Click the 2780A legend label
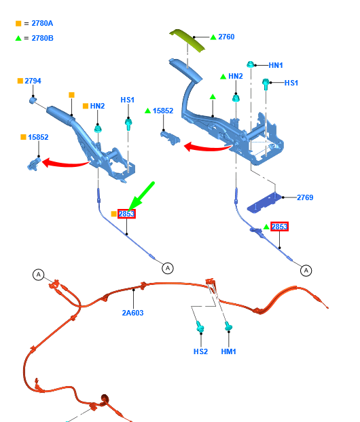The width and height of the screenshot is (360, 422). pyautogui.click(x=42, y=24)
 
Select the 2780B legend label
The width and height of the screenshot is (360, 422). pyautogui.click(x=42, y=38)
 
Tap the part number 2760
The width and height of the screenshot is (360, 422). pyautogui.click(x=226, y=37)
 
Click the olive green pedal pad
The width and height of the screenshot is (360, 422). pyautogui.click(x=187, y=41)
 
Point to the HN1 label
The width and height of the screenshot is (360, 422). pyautogui.click(x=276, y=65)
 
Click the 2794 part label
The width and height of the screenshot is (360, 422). pyautogui.click(x=33, y=81)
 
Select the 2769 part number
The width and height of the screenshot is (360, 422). pyautogui.click(x=305, y=197)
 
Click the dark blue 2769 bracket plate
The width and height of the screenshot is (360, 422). pyautogui.click(x=264, y=203)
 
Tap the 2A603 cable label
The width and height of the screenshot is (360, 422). pyautogui.click(x=133, y=313)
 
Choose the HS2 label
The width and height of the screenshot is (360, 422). pyautogui.click(x=201, y=351)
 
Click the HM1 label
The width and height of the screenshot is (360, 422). pyautogui.click(x=228, y=351)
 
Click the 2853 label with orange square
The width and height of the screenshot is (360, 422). pyautogui.click(x=126, y=214)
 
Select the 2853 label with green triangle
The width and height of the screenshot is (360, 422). pyautogui.click(x=279, y=227)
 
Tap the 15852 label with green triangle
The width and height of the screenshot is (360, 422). pyautogui.click(x=163, y=111)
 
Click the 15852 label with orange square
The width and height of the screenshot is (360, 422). pyautogui.click(x=38, y=137)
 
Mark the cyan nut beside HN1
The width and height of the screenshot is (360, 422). pyautogui.click(x=251, y=64)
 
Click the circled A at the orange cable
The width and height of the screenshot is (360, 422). pyautogui.click(x=39, y=275)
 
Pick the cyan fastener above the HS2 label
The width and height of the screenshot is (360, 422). pyautogui.click(x=200, y=326)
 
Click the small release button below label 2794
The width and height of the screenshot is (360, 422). pyautogui.click(x=33, y=100)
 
